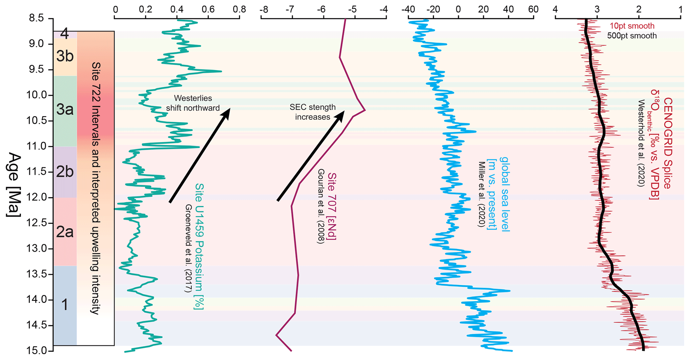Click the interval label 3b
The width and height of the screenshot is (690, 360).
(65, 56)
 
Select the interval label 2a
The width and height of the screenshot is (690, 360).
(65, 232)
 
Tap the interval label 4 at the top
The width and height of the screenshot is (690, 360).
(65, 34)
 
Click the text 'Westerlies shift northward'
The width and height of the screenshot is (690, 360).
(193, 103)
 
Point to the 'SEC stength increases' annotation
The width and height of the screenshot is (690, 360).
(312, 112)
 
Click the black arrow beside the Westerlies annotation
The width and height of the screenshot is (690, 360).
(200, 155)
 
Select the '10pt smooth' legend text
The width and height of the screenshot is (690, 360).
(632, 26)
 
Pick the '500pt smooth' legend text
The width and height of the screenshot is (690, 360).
(632, 36)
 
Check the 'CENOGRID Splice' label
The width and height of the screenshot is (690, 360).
(667, 143)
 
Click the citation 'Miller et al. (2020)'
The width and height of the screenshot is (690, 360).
(481, 195)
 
